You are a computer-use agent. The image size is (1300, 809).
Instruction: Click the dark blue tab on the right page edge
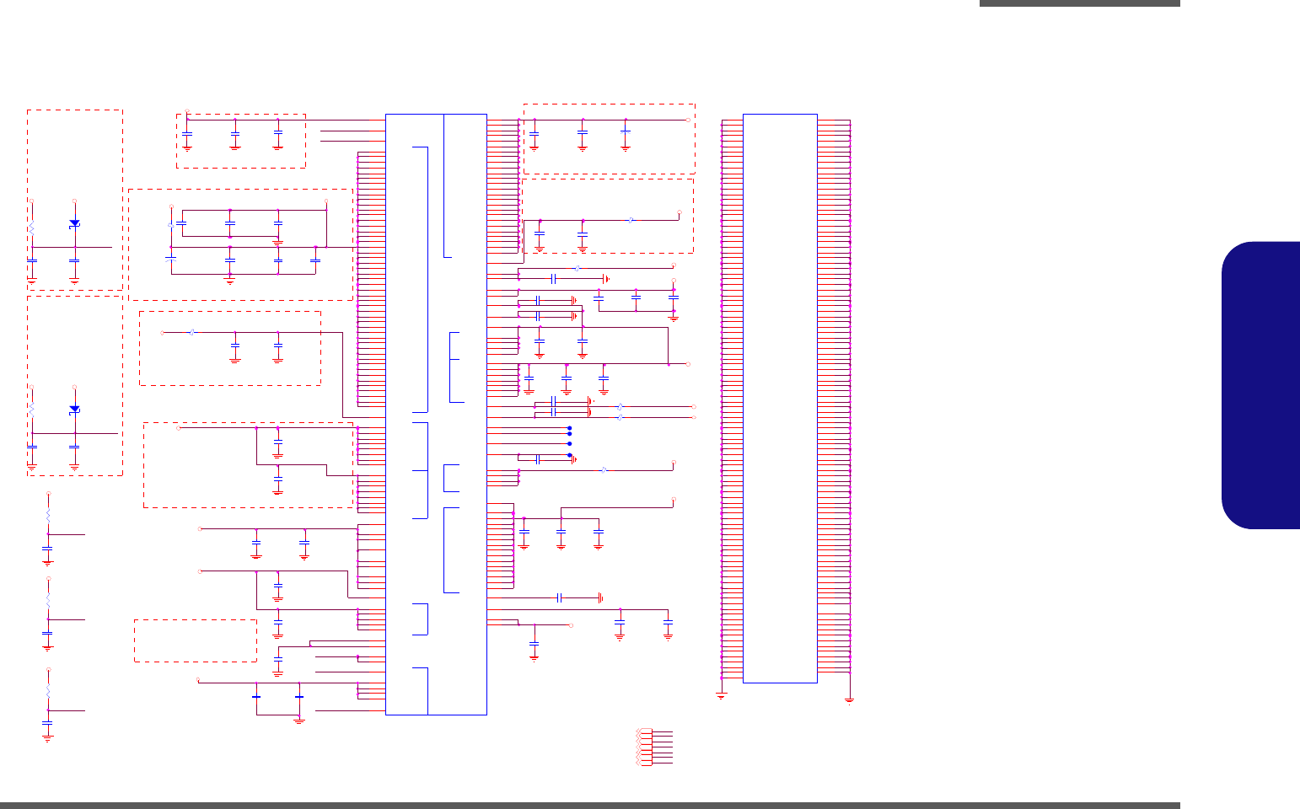click(x=1262, y=385)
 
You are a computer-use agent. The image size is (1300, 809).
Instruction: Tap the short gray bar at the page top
click(x=1079, y=3)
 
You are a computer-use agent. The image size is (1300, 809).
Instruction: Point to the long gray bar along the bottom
click(x=590, y=805)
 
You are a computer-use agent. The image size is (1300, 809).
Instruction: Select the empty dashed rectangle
click(x=196, y=640)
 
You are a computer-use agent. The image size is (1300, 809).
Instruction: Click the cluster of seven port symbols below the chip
click(x=645, y=747)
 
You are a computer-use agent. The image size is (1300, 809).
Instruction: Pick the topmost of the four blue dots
click(x=570, y=428)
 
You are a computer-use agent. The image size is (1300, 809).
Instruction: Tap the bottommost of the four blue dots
click(x=570, y=455)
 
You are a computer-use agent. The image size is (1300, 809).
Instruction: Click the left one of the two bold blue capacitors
click(x=256, y=697)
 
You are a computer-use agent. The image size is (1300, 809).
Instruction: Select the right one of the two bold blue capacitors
click(x=299, y=697)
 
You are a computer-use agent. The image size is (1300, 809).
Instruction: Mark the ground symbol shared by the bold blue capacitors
click(x=299, y=721)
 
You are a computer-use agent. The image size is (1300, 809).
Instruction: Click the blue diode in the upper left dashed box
click(x=74, y=223)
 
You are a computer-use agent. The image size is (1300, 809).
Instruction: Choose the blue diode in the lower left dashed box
click(x=74, y=409)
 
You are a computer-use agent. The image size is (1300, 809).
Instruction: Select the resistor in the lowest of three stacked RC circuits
click(x=48, y=690)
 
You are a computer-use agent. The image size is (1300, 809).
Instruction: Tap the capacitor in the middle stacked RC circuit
click(x=48, y=633)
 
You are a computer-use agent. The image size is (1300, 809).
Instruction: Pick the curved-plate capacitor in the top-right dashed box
click(x=626, y=131)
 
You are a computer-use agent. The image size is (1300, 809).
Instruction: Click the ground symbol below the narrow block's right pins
click(x=849, y=699)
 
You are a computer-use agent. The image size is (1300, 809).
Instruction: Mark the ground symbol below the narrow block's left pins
click(x=722, y=694)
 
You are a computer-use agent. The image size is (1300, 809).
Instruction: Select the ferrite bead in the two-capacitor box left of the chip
click(x=192, y=332)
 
